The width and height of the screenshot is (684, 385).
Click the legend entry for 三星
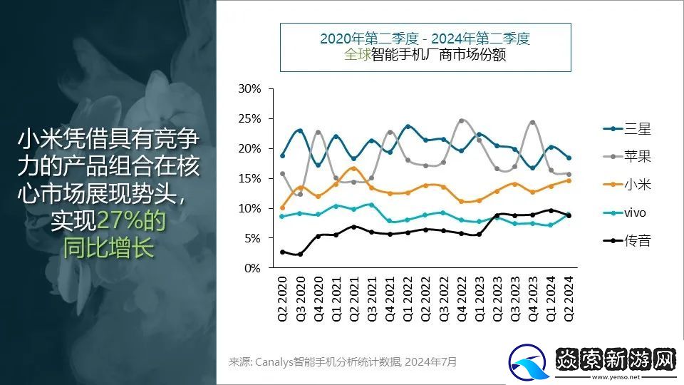[627, 129]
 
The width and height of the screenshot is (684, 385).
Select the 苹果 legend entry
[627, 157]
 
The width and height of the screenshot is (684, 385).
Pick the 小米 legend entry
[627, 185]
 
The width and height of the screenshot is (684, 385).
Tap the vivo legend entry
[627, 212]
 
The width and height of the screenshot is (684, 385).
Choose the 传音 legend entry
[627, 240]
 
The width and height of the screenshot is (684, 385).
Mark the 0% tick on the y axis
[254, 268]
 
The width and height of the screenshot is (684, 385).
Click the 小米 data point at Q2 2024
[569, 180]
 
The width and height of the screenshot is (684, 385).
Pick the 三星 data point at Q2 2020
[282, 155]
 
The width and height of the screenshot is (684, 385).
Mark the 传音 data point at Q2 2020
[282, 252]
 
